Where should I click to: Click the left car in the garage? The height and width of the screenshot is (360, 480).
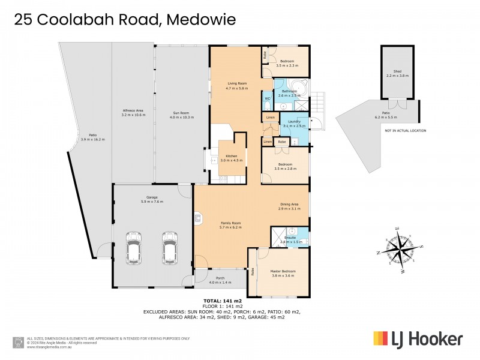pyautogui.click(x=133, y=245)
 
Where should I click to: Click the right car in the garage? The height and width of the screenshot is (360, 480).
pyautogui.click(x=169, y=245)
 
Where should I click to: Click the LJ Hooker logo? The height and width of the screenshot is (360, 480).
pyautogui.click(x=418, y=339)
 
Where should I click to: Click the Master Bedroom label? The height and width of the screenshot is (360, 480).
pyautogui.click(x=284, y=271)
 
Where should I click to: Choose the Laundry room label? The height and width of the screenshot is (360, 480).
pyautogui.click(x=294, y=121)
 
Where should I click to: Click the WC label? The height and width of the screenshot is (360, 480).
pyautogui.click(x=268, y=98)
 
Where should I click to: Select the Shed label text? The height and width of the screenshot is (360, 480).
pyautogui.click(x=397, y=73)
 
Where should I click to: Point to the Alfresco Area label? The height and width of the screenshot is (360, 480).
pyautogui.click(x=133, y=110)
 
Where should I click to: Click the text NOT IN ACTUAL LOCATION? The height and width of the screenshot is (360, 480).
pyautogui.click(x=405, y=130)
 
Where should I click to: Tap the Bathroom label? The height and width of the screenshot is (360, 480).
pyautogui.click(x=291, y=92)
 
